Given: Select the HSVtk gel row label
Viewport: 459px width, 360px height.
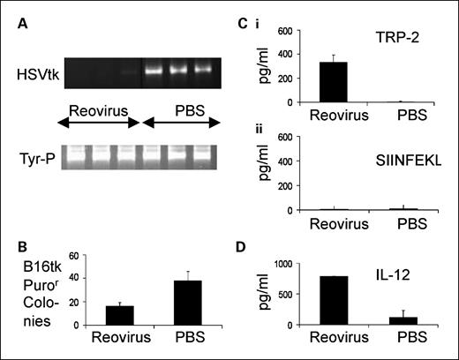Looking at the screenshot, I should [37, 69].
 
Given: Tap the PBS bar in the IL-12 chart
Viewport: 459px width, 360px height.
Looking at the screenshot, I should [405, 321].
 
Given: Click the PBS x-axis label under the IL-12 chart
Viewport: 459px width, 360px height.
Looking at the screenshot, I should [405, 341].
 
